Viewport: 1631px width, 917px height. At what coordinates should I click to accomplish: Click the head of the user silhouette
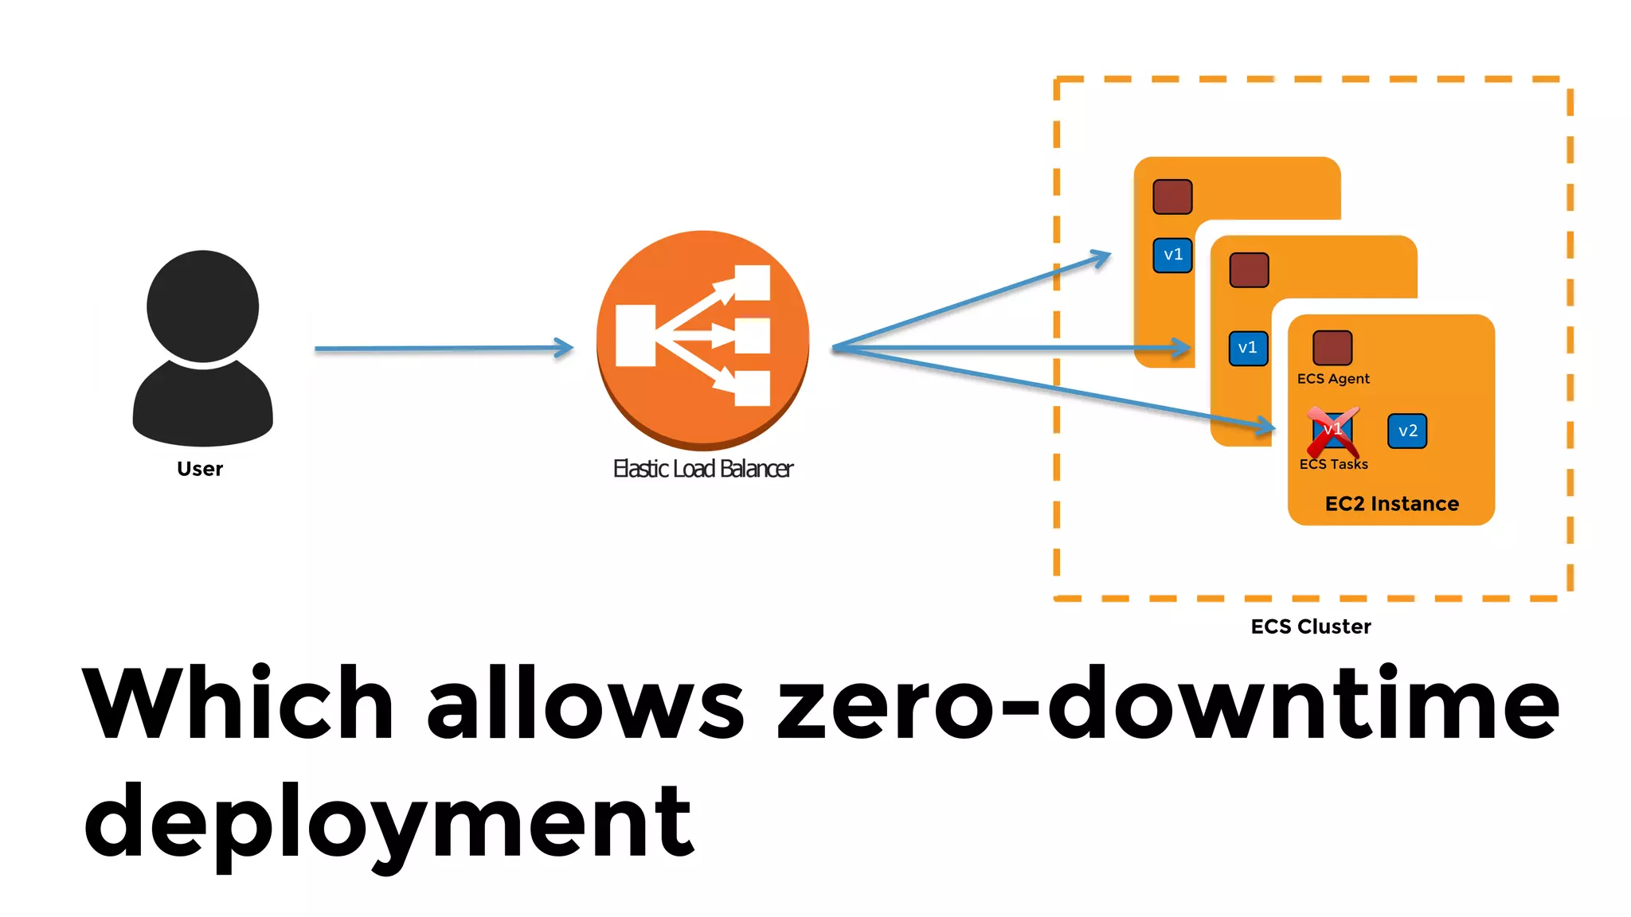(202, 306)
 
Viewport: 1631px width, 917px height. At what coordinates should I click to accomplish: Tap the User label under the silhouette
(200, 469)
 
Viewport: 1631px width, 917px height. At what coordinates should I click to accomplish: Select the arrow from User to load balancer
(443, 348)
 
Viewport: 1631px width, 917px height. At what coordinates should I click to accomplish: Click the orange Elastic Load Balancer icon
(702, 338)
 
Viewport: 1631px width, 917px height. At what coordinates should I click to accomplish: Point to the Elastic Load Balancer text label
(702, 469)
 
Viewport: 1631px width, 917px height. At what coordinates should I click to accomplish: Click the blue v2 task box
(1407, 431)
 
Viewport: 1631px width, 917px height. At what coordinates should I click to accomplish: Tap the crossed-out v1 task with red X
(1332, 431)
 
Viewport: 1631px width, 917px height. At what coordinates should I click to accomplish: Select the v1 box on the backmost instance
(1172, 255)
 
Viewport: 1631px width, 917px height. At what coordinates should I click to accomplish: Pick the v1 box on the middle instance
(1248, 348)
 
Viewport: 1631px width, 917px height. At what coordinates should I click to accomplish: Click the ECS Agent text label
(1333, 379)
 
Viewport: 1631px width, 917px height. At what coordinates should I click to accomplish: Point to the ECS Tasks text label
(1333, 464)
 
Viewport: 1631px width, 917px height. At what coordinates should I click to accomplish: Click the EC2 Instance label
(1391, 504)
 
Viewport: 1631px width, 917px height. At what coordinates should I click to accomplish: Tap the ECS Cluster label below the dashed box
(1311, 626)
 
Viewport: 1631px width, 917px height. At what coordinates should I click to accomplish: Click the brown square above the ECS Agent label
(1332, 348)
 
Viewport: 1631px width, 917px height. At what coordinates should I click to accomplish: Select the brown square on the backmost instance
(1172, 197)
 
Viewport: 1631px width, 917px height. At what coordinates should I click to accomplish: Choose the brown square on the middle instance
(1249, 270)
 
